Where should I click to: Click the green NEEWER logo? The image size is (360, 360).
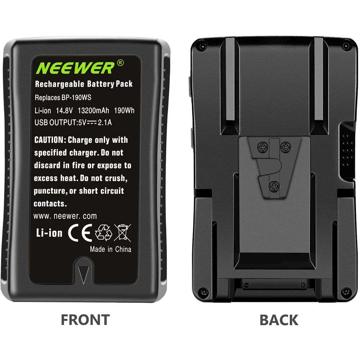tap(75, 68)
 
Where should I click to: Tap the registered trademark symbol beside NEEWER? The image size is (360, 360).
tap(120, 63)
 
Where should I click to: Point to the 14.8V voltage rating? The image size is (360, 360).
tap(64, 111)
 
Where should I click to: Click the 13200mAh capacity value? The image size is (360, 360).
tap(94, 111)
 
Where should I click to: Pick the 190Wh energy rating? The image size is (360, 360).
tap(124, 111)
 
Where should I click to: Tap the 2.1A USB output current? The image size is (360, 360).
tap(105, 123)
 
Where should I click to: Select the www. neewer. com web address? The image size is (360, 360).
tap(65, 216)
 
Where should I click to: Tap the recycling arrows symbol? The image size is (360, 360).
tap(104, 233)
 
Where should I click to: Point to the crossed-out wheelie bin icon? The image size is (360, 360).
tap(123, 233)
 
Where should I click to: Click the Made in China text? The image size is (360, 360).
tap(111, 249)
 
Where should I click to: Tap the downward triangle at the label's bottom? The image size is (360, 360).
tap(84, 274)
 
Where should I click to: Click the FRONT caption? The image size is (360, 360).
tap(85, 320)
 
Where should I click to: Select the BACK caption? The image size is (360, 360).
tap(279, 320)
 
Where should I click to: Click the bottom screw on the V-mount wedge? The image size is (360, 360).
tap(274, 186)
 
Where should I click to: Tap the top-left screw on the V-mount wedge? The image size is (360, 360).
tap(263, 147)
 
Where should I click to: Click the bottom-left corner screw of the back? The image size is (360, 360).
tap(203, 292)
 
